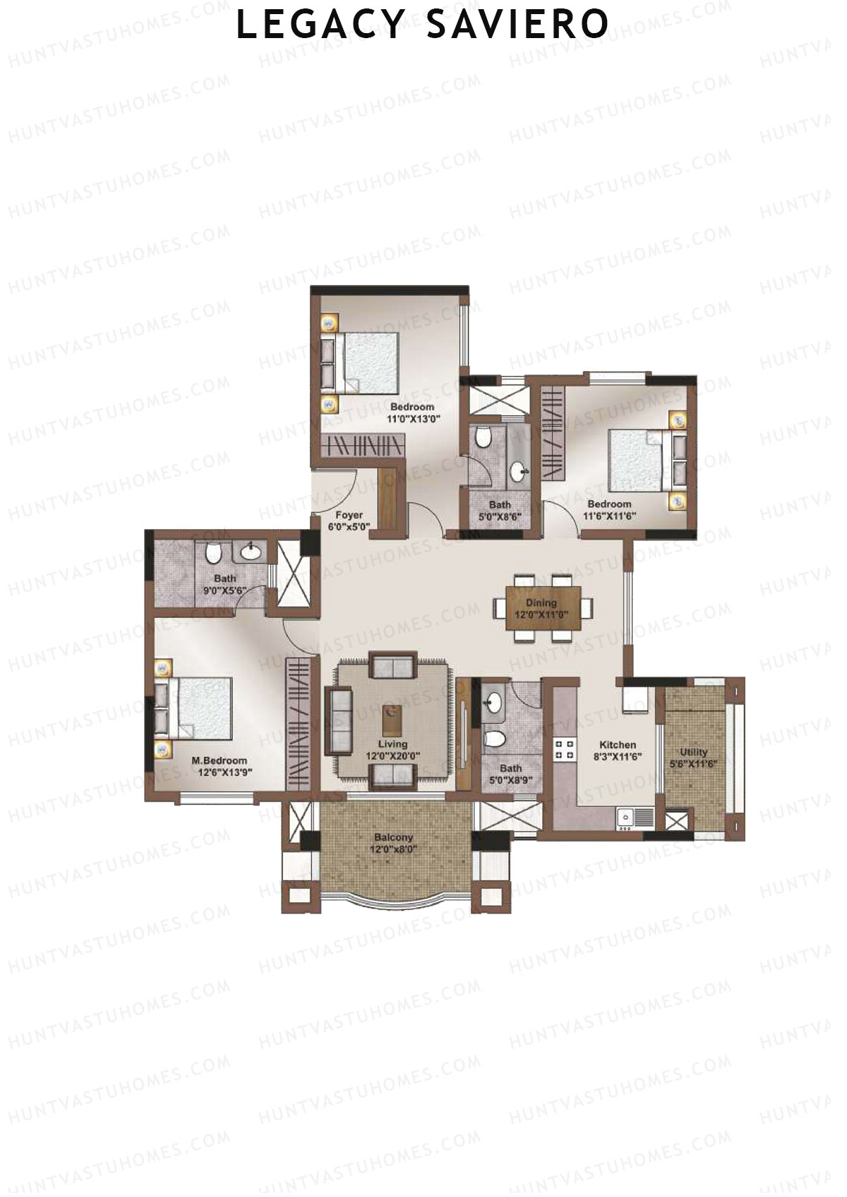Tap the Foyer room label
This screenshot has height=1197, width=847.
coord(349,515)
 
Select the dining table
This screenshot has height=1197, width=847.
coord(542,607)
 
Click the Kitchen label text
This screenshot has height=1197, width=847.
coord(618,745)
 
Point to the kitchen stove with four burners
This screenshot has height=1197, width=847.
coord(564,749)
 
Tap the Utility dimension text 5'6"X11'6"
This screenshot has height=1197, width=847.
coord(693,763)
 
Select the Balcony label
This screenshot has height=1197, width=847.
coord(394,837)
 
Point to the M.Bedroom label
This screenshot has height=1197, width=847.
coord(220,760)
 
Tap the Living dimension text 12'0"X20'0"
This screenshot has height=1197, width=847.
coord(393,755)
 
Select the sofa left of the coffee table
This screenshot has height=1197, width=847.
coord(339,720)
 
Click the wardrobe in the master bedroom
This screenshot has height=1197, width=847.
coord(298,724)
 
